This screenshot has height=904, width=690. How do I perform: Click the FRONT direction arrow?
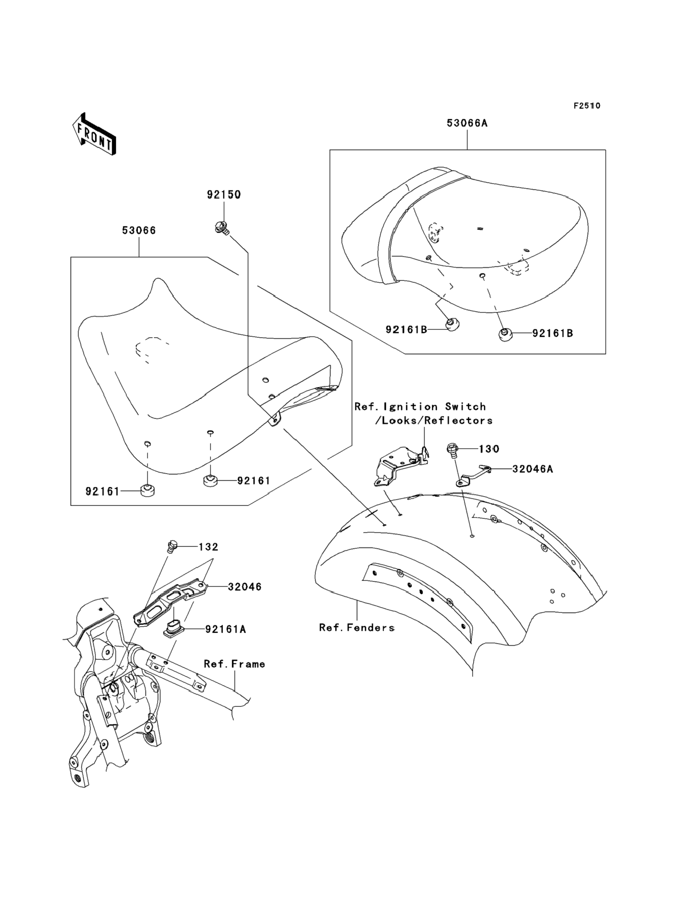click(94, 134)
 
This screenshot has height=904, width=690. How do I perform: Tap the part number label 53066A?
click(467, 123)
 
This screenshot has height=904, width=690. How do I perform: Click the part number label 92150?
click(223, 194)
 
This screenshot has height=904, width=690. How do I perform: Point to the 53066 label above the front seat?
click(139, 230)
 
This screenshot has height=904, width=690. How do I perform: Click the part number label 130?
click(489, 449)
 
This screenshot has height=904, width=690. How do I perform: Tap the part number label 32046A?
click(532, 469)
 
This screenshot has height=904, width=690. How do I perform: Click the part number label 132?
click(208, 547)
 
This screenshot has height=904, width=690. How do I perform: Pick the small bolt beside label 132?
click(172, 546)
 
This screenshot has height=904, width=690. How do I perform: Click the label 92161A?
click(226, 629)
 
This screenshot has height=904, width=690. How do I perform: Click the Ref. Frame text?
click(234, 664)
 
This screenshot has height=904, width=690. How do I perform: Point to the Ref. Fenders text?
click(356, 627)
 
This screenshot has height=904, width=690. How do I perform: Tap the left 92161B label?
click(406, 329)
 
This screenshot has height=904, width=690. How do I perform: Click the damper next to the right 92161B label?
click(506, 334)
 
